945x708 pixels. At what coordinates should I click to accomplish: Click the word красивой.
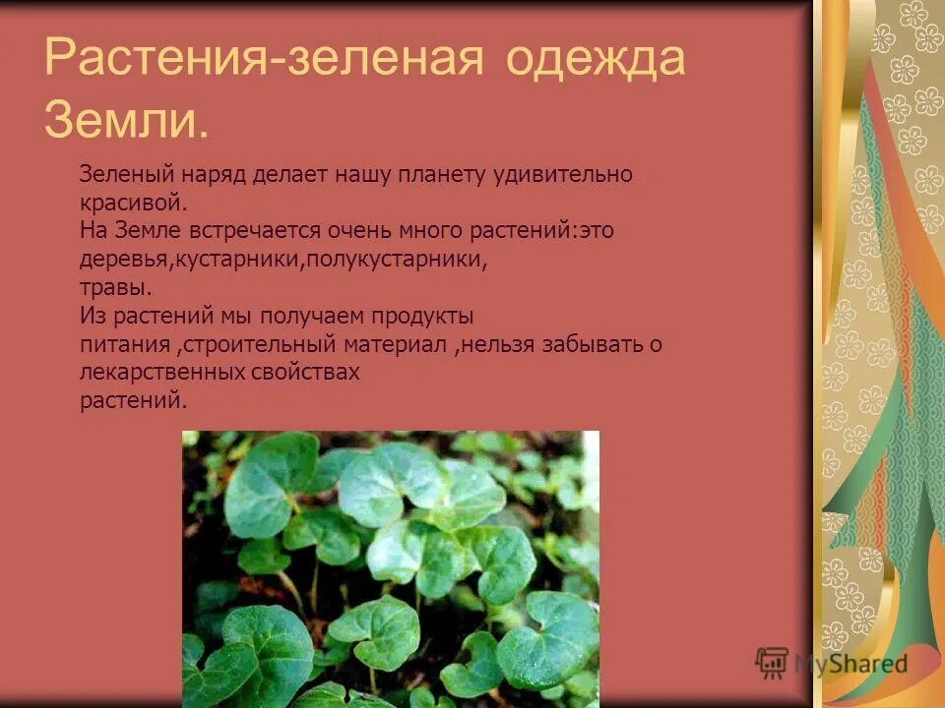tap(133, 204)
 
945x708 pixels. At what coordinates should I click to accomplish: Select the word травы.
tap(116, 288)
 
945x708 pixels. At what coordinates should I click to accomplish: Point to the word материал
tap(395, 345)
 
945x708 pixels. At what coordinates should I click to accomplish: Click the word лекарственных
tap(161, 374)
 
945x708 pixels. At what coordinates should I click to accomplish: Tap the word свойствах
tap(305, 374)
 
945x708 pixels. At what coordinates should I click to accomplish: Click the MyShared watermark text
tap(850, 665)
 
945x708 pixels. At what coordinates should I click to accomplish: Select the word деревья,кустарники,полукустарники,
tap(284, 260)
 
